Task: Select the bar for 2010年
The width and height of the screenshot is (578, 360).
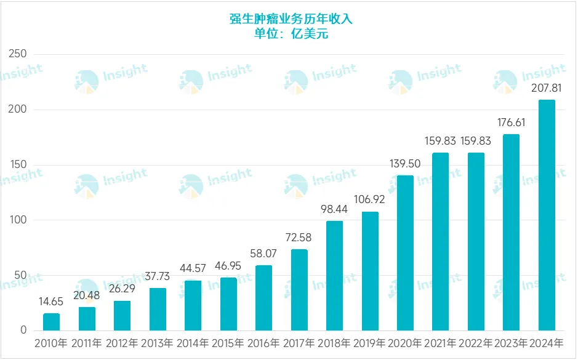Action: click(52, 322)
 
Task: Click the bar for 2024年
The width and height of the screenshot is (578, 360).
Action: click(547, 215)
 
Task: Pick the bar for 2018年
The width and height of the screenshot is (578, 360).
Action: click(334, 276)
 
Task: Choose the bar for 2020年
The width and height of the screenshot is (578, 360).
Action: click(405, 253)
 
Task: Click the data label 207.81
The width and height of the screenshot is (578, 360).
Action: click(547, 89)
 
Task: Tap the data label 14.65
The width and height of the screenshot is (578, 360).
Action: click(52, 302)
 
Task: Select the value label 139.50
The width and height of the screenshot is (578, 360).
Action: click(405, 164)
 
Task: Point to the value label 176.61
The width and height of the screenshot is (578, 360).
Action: click(511, 123)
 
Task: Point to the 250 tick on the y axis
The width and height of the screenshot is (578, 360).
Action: click(18, 54)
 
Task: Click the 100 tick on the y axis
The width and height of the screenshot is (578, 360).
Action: click(18, 220)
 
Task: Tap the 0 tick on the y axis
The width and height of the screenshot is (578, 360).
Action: click(23, 330)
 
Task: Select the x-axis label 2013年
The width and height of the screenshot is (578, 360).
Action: click(158, 344)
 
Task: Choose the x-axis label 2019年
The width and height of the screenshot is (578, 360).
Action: click(370, 344)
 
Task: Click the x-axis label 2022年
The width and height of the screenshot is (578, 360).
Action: click(476, 344)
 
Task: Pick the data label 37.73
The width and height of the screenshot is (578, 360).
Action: click(158, 277)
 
